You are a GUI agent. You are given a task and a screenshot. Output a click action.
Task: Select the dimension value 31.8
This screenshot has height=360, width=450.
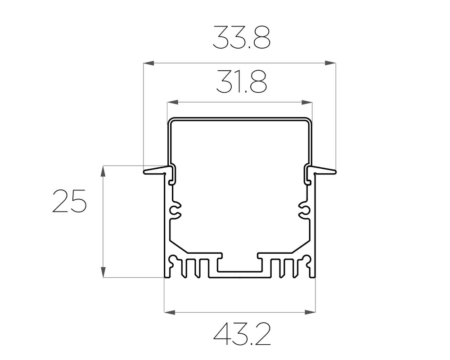(242, 81)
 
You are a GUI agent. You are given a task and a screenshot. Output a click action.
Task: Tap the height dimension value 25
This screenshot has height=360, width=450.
(69, 201)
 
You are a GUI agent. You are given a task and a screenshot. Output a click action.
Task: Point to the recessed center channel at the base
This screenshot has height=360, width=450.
(239, 268)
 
